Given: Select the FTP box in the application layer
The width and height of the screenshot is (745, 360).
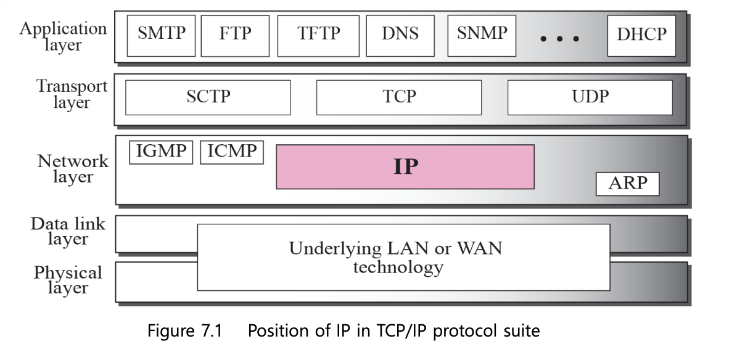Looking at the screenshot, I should pyautogui.click(x=235, y=33).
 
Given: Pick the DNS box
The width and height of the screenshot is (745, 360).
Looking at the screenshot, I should pyautogui.click(x=400, y=33).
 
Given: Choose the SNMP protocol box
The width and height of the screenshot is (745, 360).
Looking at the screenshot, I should pyautogui.click(x=482, y=33).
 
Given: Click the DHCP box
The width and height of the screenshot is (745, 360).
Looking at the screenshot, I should pyautogui.click(x=641, y=34).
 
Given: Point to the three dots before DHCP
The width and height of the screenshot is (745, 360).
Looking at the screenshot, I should pyautogui.click(x=559, y=39).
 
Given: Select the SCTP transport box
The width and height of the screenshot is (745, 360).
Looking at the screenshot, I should pyautogui.click(x=208, y=97).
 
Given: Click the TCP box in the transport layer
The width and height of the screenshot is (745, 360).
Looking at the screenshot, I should pyautogui.click(x=399, y=97).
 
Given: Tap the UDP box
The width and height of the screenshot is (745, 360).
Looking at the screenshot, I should pyautogui.click(x=590, y=97).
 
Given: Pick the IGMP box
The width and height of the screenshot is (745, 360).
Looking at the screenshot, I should pyautogui.click(x=161, y=152).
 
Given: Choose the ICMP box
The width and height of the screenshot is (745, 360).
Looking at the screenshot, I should pyautogui.click(x=232, y=152).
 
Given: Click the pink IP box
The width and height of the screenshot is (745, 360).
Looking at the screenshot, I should pyautogui.click(x=405, y=166).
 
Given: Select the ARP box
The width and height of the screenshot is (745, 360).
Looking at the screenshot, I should pyautogui.click(x=628, y=184).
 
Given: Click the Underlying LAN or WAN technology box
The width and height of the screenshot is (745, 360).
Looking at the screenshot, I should pyautogui.click(x=403, y=257).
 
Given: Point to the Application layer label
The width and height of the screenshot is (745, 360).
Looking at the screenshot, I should pyautogui.click(x=63, y=36).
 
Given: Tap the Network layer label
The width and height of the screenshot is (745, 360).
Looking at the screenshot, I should pyautogui.click(x=73, y=169).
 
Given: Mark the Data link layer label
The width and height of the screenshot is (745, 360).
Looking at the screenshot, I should pyautogui.click(x=68, y=231).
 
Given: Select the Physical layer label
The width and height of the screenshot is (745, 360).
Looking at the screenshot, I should pyautogui.click(x=68, y=279).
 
